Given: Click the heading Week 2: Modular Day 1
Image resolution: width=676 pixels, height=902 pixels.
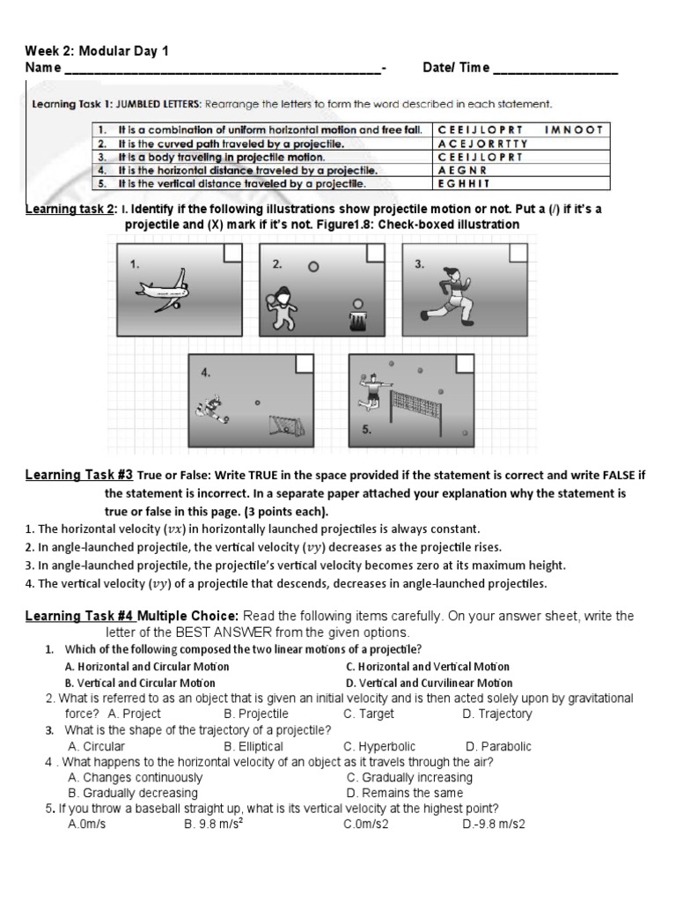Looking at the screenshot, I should (96, 51).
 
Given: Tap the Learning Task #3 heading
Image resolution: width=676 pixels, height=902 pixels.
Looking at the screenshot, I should (79, 476).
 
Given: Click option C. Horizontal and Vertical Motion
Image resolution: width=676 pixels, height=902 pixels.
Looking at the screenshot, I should (428, 667).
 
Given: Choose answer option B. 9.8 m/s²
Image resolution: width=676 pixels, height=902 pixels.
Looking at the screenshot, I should (214, 824).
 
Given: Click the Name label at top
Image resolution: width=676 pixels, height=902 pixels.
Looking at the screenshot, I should (43, 68).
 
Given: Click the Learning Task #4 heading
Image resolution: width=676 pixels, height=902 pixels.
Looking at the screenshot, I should (79, 616).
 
